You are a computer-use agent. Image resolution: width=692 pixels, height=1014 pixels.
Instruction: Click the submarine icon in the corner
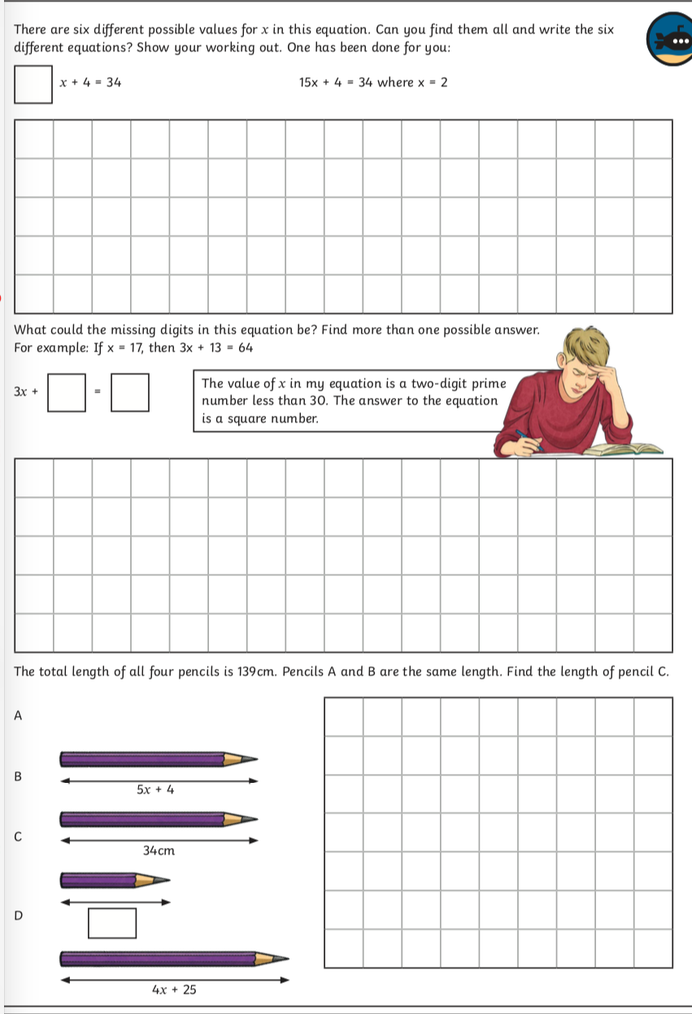(x=669, y=40)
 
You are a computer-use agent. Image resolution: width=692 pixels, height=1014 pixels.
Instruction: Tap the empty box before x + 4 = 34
(x=33, y=85)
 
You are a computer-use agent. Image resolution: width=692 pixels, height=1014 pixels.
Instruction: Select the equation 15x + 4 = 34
(x=335, y=82)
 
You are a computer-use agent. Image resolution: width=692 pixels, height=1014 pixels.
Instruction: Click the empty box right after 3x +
(x=67, y=392)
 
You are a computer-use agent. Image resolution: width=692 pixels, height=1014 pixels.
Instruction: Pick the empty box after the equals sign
(x=130, y=392)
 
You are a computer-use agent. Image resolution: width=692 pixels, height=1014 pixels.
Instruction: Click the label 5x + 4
(x=156, y=789)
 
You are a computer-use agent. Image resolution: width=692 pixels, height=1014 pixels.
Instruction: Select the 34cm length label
(x=159, y=850)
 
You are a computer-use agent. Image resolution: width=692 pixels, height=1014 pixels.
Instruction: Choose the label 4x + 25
(x=174, y=990)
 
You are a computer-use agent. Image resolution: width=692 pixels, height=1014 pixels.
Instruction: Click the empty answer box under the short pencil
(x=112, y=923)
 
